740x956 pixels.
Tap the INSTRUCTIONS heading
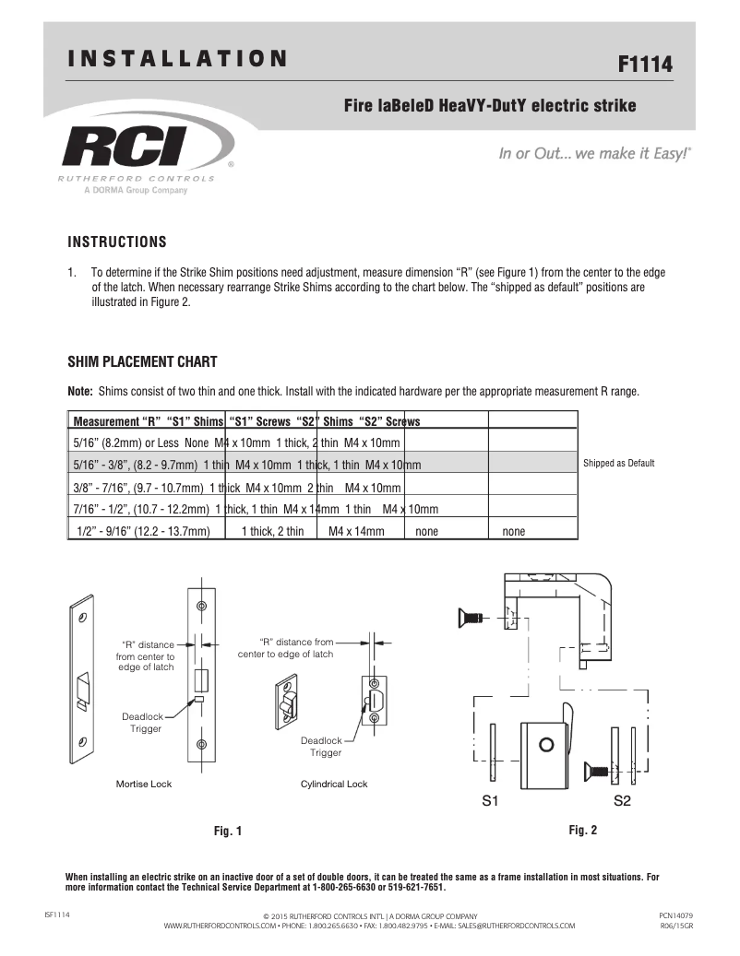point(117,242)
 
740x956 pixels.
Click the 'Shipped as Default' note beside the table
point(619,463)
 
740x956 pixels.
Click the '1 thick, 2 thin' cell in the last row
point(272,532)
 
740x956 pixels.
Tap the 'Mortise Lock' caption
point(143,785)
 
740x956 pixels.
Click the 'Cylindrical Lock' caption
point(334,785)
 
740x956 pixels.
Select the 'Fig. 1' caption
point(228,831)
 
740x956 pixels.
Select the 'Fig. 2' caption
point(583,830)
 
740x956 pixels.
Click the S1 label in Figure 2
point(491,801)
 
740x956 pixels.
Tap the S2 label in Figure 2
point(622,801)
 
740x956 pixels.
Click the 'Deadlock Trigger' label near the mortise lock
point(142,722)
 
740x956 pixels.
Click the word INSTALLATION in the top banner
point(178,60)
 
